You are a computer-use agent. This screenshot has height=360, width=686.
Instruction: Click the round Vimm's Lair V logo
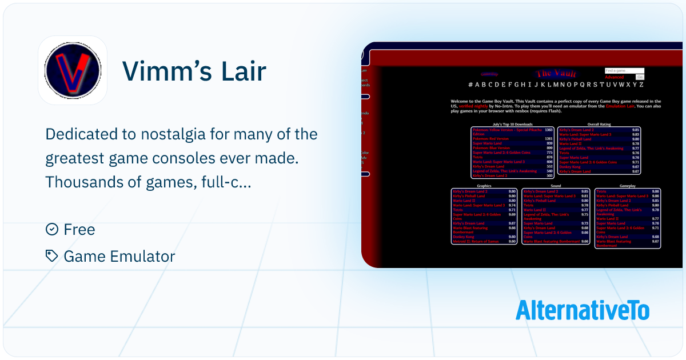[x=73, y=70]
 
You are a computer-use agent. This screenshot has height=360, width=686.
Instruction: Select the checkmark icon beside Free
[x=51, y=229]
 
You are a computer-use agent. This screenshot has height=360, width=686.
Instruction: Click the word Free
[x=79, y=229]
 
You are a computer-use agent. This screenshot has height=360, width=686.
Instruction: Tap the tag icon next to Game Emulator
[x=51, y=256]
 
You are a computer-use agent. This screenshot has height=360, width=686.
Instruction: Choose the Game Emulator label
[x=119, y=256]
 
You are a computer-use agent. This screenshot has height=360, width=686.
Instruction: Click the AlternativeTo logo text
[x=583, y=310]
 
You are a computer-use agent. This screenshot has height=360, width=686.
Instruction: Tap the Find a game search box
[x=624, y=71]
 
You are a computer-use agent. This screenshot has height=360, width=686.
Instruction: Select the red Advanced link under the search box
[x=615, y=77]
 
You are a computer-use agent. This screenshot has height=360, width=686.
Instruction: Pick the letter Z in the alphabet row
[x=641, y=85]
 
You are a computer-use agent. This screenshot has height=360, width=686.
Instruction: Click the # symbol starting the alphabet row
[x=470, y=85]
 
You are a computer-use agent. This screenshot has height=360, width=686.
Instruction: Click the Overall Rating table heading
[x=600, y=124]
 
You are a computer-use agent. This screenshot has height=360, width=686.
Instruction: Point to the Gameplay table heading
[x=628, y=186]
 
